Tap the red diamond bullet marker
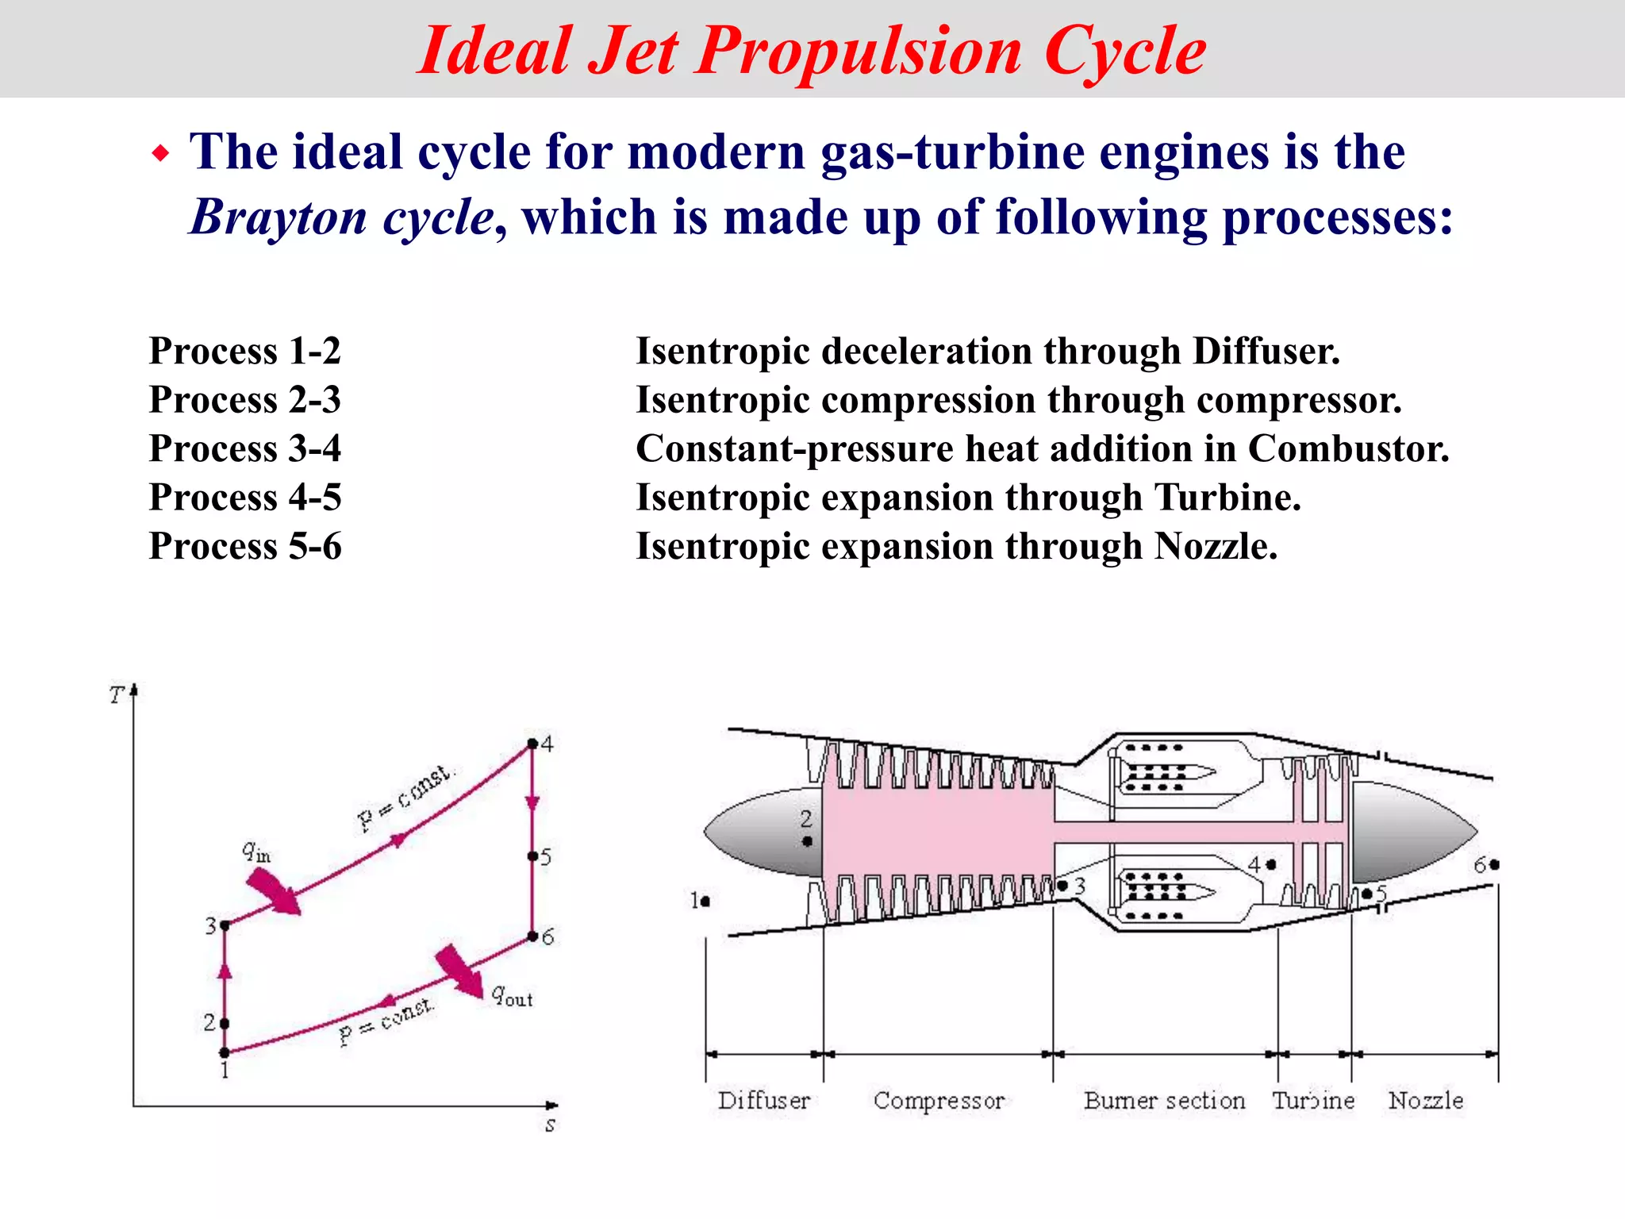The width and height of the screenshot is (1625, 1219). [161, 152]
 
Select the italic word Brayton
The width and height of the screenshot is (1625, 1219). [278, 217]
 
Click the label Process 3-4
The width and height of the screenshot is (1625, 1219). [244, 448]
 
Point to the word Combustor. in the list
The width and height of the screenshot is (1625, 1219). [1348, 448]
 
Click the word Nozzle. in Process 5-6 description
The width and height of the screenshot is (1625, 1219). [1216, 546]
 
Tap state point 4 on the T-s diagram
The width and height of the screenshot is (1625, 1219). [532, 744]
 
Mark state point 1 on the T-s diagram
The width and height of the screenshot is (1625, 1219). [225, 1052]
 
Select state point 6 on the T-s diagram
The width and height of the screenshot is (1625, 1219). [532, 937]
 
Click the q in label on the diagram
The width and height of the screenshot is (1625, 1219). [256, 852]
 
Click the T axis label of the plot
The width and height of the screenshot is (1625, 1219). [117, 695]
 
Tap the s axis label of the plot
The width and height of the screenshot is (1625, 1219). [550, 1125]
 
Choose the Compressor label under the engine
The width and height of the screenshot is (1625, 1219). [939, 1101]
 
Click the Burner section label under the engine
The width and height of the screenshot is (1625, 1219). [1164, 1101]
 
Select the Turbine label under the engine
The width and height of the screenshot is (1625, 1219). [1313, 1101]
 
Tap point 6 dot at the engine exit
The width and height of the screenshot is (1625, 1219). [1494, 865]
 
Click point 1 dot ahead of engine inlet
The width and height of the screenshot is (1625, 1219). [705, 901]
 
